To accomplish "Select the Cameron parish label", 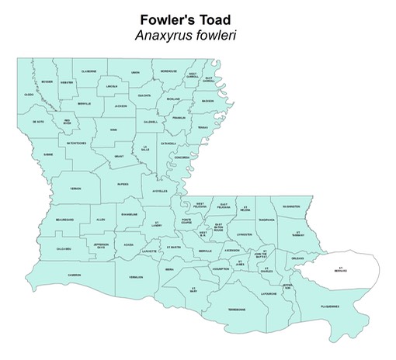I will [74, 275].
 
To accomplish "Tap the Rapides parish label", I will [123, 184].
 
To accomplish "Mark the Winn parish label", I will [113, 130].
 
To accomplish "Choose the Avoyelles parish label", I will [160, 191].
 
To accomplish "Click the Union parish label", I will [135, 72].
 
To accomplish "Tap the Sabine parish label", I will [48, 154].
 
